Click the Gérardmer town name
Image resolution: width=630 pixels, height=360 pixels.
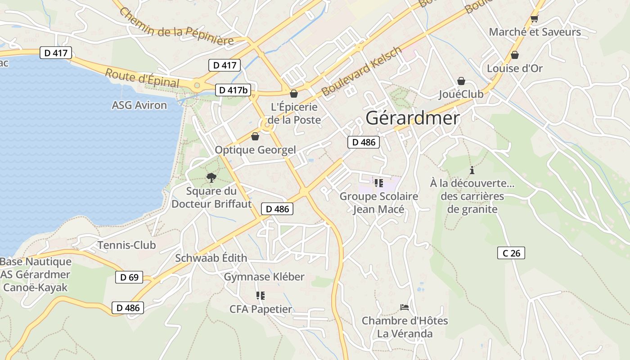click(x=413, y=118)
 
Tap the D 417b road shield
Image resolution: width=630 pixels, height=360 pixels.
click(x=233, y=90)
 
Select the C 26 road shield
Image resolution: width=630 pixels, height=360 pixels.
click(x=511, y=253)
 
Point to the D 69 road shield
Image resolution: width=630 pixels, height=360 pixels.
click(x=129, y=277)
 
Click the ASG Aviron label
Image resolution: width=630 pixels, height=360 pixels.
click(x=139, y=105)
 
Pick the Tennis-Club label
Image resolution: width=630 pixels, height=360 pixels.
click(x=127, y=245)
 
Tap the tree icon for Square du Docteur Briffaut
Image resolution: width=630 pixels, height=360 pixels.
click(x=211, y=177)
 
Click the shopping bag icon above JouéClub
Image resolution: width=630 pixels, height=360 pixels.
click(x=461, y=81)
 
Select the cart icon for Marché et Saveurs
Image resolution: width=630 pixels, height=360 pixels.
click(x=535, y=19)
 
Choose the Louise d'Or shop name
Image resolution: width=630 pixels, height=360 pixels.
click(x=515, y=68)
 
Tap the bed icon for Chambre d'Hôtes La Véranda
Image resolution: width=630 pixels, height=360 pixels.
click(x=405, y=307)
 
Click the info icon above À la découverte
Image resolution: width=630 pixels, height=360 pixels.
click(x=472, y=170)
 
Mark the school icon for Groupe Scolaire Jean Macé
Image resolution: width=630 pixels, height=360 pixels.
click(x=378, y=183)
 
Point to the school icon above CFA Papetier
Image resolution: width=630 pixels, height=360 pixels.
click(x=260, y=296)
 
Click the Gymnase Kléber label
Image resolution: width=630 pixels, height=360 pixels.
click(x=264, y=277)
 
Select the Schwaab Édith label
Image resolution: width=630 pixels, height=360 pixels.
click(x=211, y=258)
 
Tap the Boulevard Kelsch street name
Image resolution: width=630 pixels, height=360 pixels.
click(x=361, y=72)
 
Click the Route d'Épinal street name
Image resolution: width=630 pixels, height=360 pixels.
click(x=142, y=78)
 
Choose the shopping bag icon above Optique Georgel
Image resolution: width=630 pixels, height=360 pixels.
click(x=255, y=136)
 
